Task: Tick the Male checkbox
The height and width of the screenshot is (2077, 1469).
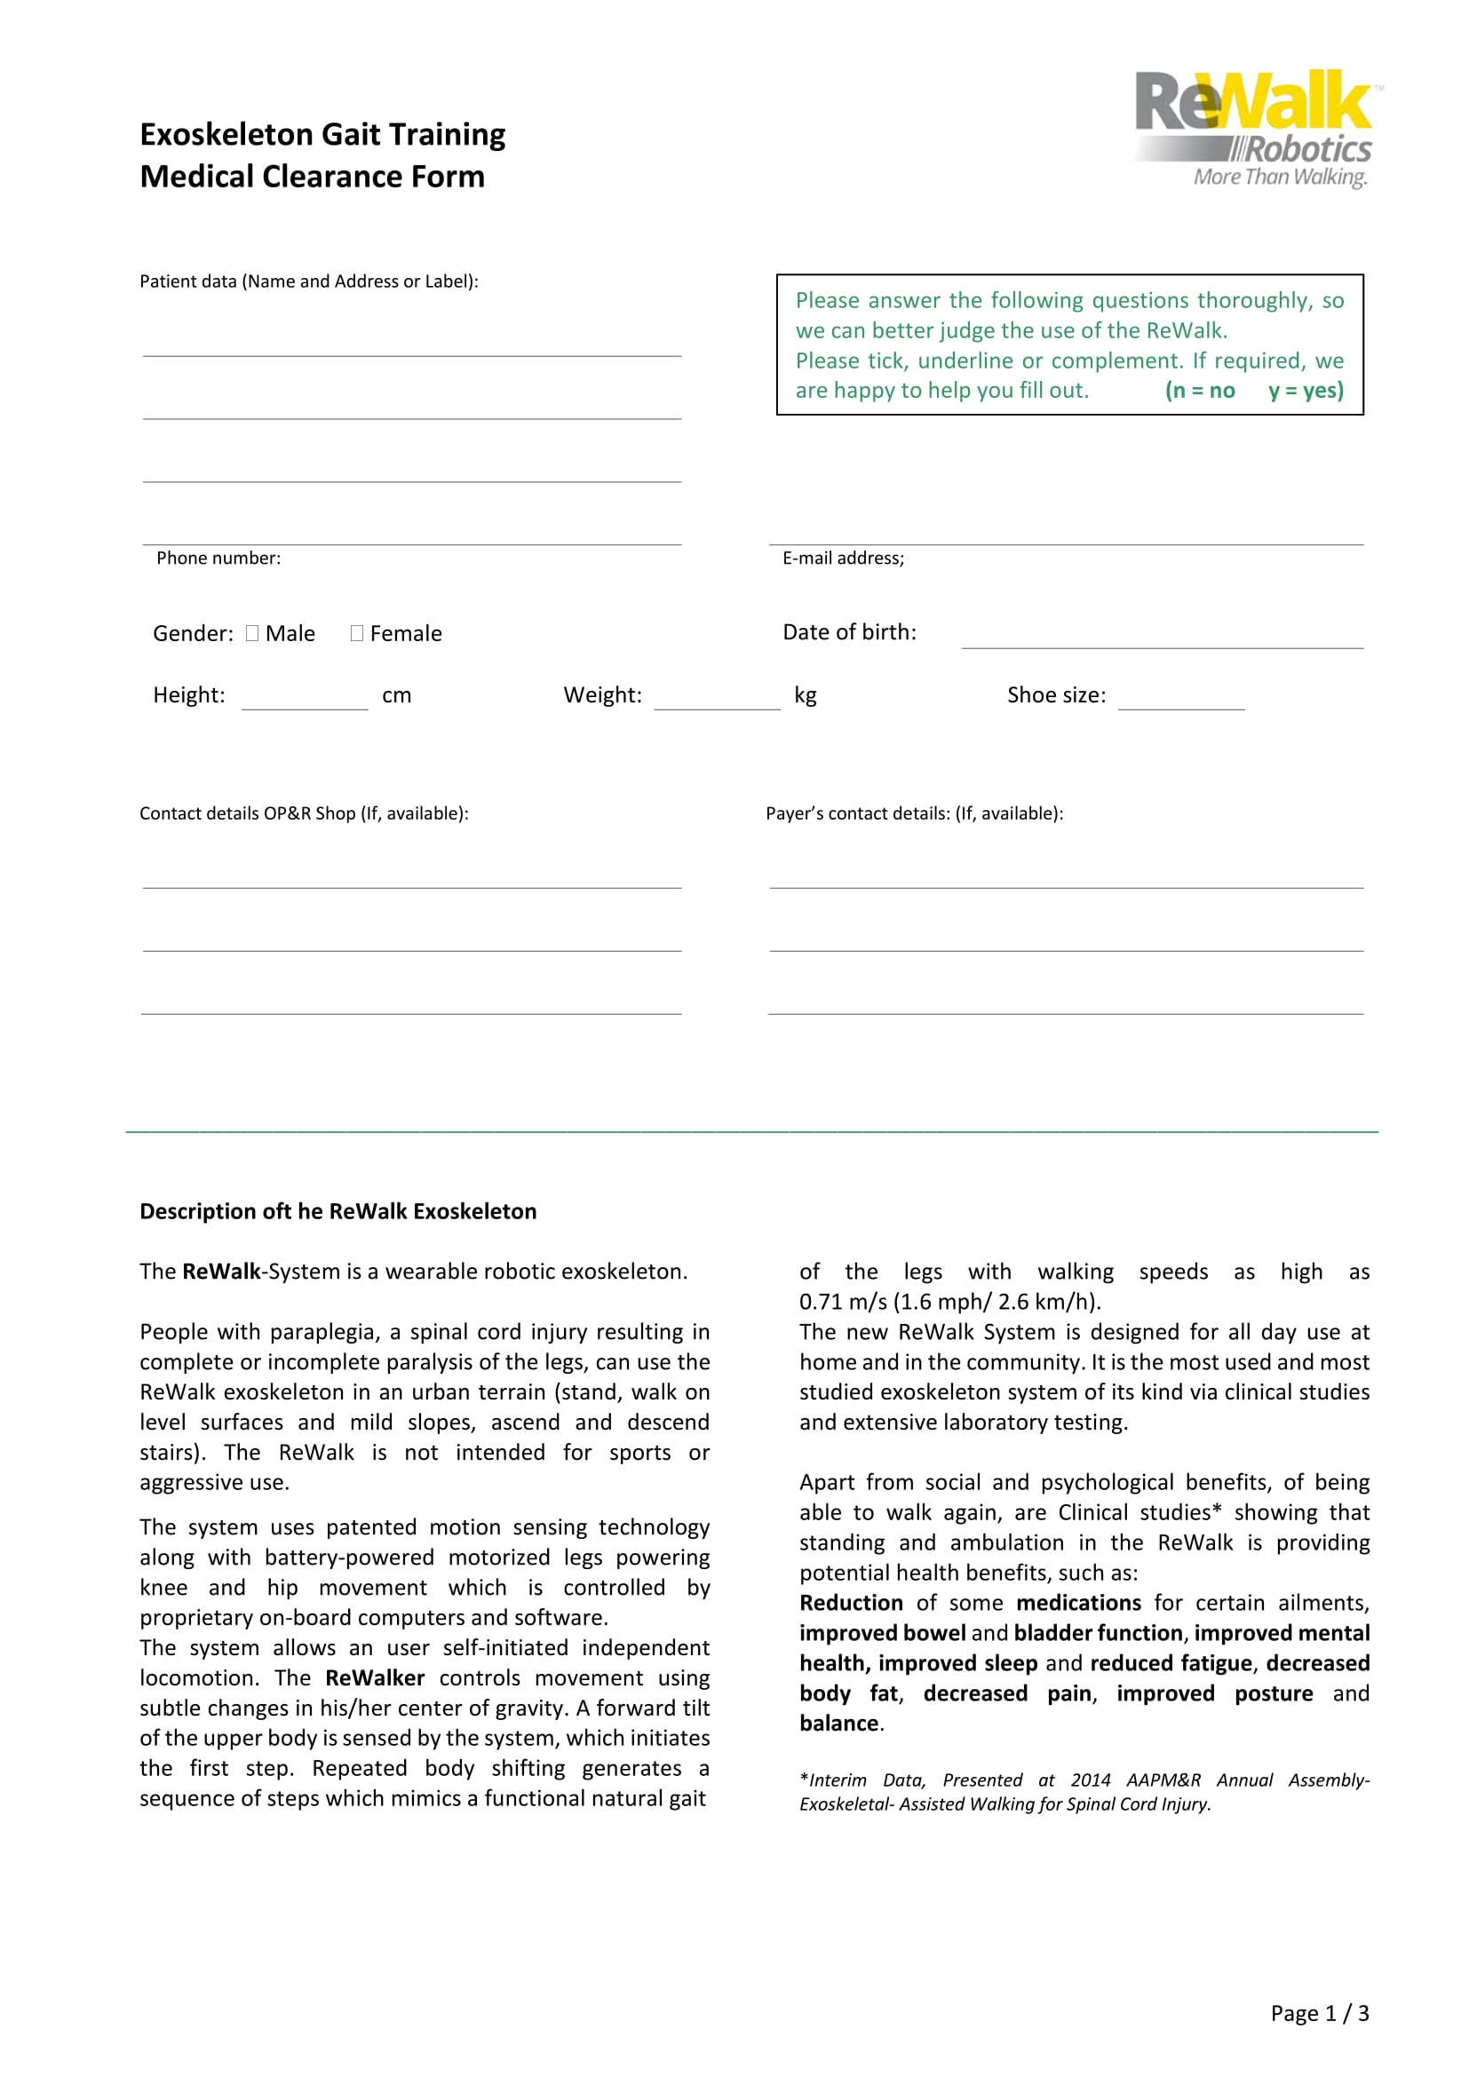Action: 252,633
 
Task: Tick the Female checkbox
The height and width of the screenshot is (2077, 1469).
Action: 356,633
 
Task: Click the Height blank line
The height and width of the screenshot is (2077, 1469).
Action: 304,702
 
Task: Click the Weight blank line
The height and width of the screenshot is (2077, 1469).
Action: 717,702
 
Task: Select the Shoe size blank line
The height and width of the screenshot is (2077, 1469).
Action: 1180,702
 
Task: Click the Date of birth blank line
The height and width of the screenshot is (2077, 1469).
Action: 1162,638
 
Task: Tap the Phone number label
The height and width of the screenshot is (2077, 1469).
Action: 218,559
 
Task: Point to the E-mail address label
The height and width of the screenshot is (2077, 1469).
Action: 843,559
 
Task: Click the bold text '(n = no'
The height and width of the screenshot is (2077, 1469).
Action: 1199,391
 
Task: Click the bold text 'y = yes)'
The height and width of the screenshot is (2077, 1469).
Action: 1306,391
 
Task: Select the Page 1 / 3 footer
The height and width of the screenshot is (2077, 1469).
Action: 1319,2013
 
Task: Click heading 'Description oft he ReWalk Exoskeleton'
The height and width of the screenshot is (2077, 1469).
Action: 337,1211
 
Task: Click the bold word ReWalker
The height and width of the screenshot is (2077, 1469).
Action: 375,1678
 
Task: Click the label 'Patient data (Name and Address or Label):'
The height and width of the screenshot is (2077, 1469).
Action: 308,281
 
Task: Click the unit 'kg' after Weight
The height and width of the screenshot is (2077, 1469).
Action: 805,694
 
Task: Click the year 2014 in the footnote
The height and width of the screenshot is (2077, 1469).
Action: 1090,1780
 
